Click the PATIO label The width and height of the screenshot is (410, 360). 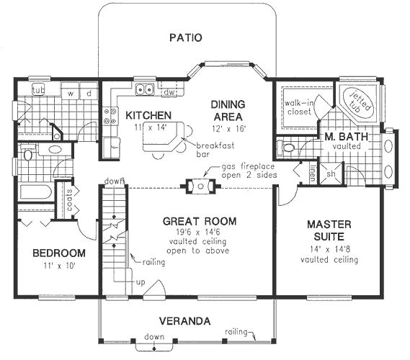pyautogui.click(x=186, y=37)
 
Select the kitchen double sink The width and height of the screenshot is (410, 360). pyautogui.click(x=145, y=89)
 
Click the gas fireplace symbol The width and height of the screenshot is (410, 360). pyautogui.click(x=200, y=186)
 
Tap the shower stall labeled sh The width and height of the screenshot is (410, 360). pyautogui.click(x=331, y=174)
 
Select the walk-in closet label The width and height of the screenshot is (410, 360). pyautogui.click(x=298, y=107)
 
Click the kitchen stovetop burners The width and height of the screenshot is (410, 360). pyautogui.click(x=110, y=116)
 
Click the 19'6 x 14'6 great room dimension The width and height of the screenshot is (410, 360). pyautogui.click(x=197, y=232)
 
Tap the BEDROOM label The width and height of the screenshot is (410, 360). pyautogui.click(x=59, y=253)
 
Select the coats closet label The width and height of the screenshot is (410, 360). pyautogui.click(x=70, y=200)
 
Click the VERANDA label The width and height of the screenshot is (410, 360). pyautogui.click(x=185, y=321)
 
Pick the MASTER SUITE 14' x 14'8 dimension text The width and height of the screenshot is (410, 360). pyautogui.click(x=330, y=249)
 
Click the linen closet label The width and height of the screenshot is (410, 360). pyautogui.click(x=313, y=173)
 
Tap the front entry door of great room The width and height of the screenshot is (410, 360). pyautogui.click(x=155, y=289)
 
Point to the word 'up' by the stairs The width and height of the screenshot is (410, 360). pyautogui.click(x=141, y=282)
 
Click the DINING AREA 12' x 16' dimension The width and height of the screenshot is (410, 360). pyautogui.click(x=228, y=129)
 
